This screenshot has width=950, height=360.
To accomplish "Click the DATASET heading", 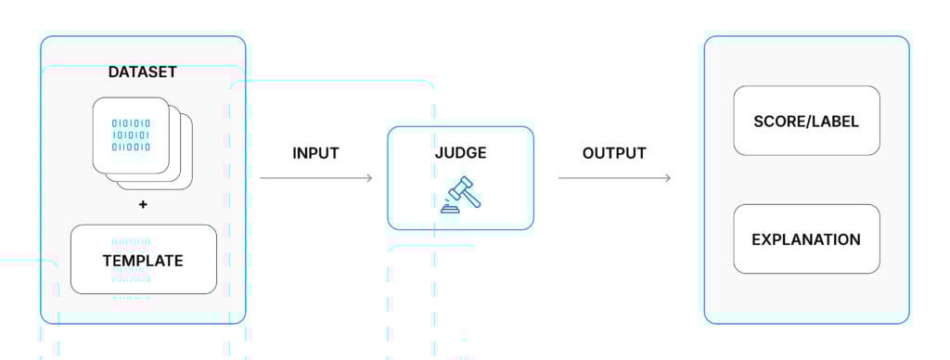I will click(143, 71).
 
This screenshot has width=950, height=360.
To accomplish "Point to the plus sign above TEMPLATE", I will click(143, 204).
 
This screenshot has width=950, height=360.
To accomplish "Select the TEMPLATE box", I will click(143, 260).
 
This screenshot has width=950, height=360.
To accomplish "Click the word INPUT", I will click(315, 153).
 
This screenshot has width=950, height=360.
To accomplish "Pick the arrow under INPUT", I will click(315, 178).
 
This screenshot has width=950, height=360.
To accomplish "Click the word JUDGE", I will click(460, 153).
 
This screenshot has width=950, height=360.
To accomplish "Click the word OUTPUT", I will click(614, 153).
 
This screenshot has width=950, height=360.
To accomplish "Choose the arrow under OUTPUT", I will click(614, 178).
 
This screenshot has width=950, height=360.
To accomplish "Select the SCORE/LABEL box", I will click(806, 121).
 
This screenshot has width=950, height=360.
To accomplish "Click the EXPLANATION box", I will click(806, 239).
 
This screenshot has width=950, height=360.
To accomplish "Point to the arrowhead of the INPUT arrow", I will click(369, 178).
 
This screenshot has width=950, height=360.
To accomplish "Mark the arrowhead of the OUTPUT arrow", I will click(667, 178).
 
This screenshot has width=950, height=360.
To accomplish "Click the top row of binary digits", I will click(131, 122).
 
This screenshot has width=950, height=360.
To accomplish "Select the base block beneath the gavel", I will click(449, 210).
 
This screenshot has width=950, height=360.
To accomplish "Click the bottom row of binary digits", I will click(131, 147).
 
